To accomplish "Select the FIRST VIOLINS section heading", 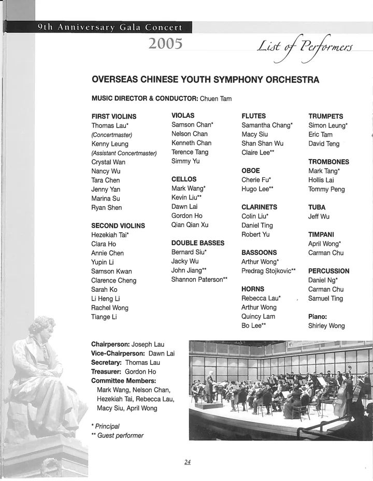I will coord(114,117).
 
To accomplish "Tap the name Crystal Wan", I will coord(108,162).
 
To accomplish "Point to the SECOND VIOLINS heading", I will coord(118,225).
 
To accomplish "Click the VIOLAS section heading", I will coord(183,116).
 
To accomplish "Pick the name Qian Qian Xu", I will coord(190,225).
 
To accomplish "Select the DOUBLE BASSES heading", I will coord(198,243).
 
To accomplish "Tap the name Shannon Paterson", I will coord(197,280).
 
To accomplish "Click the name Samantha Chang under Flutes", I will coord(266,125).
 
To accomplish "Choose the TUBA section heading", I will coord(317,207).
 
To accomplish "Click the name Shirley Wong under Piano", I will coord(326,326).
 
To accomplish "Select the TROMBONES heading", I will coord(328,162).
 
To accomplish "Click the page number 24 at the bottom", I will coord(187,462).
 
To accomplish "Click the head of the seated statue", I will coord(42,326).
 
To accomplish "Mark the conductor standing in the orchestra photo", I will coord(209,384).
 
